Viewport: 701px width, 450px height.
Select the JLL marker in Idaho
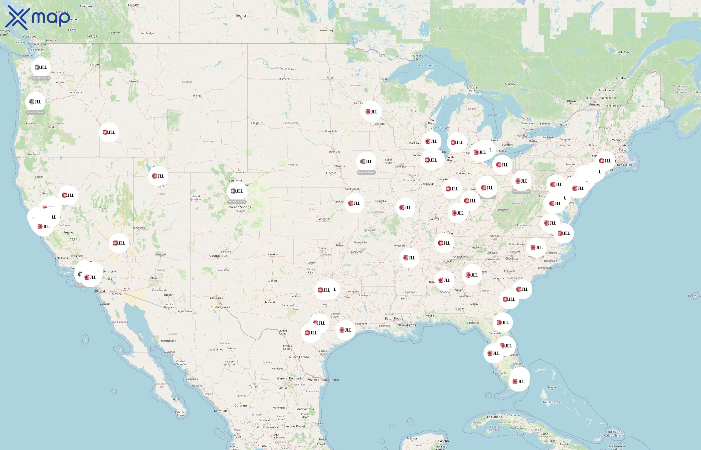click(109, 132)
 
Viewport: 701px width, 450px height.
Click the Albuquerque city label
click(218, 256)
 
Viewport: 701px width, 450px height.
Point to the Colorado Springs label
click(238, 207)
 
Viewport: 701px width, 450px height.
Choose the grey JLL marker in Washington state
click(41, 67)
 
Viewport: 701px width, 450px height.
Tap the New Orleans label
click(406, 325)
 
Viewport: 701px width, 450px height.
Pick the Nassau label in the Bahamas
click(552, 387)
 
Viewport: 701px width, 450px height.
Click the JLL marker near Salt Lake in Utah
click(158, 176)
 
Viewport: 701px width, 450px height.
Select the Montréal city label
click(595, 104)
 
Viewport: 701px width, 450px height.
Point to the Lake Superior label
click(428, 65)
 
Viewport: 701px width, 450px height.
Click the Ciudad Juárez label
click(220, 307)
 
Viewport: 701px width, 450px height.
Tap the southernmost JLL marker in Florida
click(518, 381)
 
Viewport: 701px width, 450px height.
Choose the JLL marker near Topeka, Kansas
click(354, 203)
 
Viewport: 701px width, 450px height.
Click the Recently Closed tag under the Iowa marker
click(366, 172)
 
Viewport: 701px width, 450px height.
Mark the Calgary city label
click(133, 5)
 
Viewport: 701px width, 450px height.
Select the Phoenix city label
click(156, 278)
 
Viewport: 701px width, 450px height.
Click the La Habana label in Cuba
click(494, 417)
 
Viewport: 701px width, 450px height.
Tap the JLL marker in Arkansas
click(409, 258)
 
